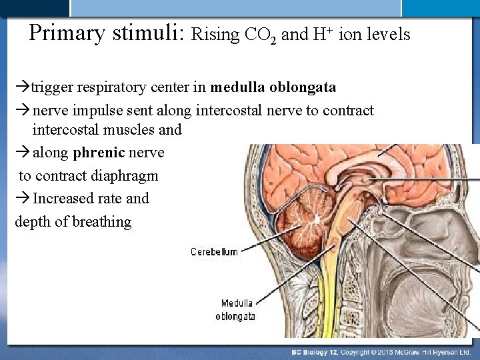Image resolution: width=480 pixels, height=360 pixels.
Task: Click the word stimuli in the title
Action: [153, 33]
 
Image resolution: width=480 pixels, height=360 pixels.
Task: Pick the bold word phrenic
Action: [99, 153]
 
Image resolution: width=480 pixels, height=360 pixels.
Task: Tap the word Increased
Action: [67, 198]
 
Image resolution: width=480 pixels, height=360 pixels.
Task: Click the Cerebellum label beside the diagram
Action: [214, 252]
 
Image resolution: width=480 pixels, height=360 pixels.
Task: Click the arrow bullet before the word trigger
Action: [21, 88]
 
